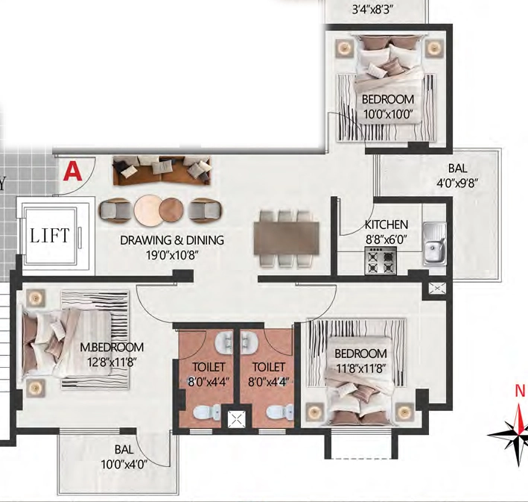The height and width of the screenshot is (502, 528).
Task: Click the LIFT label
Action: [50, 236]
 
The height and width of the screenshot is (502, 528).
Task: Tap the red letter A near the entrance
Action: [73, 172]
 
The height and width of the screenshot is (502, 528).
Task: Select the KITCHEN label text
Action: [387, 225]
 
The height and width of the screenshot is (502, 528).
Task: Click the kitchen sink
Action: [435, 243]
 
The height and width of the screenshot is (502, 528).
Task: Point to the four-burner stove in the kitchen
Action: [381, 261]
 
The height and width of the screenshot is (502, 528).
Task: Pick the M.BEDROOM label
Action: [112, 347]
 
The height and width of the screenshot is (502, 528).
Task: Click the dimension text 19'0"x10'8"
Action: [172, 255]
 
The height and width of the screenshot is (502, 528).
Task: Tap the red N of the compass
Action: [520, 391]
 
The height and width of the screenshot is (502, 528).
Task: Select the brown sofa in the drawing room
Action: [162, 171]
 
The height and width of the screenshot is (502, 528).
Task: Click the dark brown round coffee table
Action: [171, 209]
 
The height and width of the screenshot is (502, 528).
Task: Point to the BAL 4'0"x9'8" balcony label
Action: [457, 176]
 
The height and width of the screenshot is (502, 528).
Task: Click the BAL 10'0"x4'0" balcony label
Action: [124, 457]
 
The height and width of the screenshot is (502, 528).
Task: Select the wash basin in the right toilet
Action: [249, 343]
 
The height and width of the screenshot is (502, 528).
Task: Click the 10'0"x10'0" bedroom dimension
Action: [388, 114]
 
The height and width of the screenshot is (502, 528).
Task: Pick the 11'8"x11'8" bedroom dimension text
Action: [361, 368]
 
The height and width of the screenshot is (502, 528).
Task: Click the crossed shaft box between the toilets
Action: [236, 420]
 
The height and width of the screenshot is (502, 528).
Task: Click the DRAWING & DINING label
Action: [172, 240]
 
